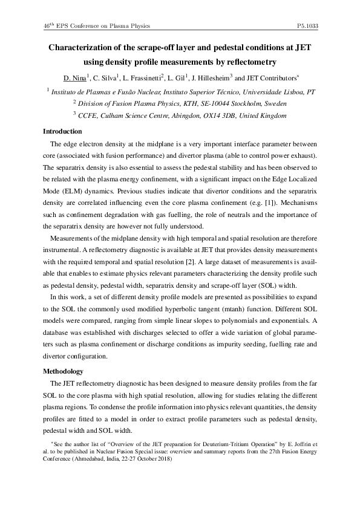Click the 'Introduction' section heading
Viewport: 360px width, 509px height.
point(62,131)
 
